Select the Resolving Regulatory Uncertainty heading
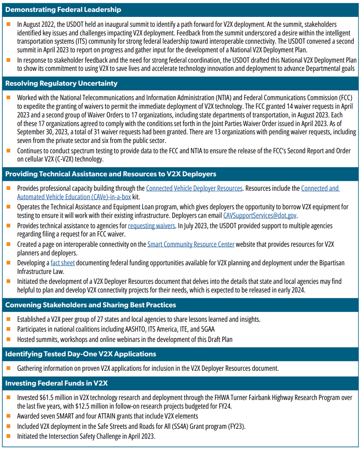coord(61,84)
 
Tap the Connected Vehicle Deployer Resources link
coord(194,188)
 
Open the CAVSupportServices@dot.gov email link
coord(260,215)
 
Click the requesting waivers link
coord(152,226)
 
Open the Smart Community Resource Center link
coord(191,244)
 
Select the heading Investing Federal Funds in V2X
coord(56,383)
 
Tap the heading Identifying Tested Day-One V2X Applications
coord(81,354)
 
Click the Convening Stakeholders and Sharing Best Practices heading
coord(91,305)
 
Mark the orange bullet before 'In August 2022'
coord(9,24)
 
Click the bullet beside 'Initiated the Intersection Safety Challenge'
coord(9,436)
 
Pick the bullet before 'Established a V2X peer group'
coord(9,319)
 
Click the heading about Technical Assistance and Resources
coord(111,174)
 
